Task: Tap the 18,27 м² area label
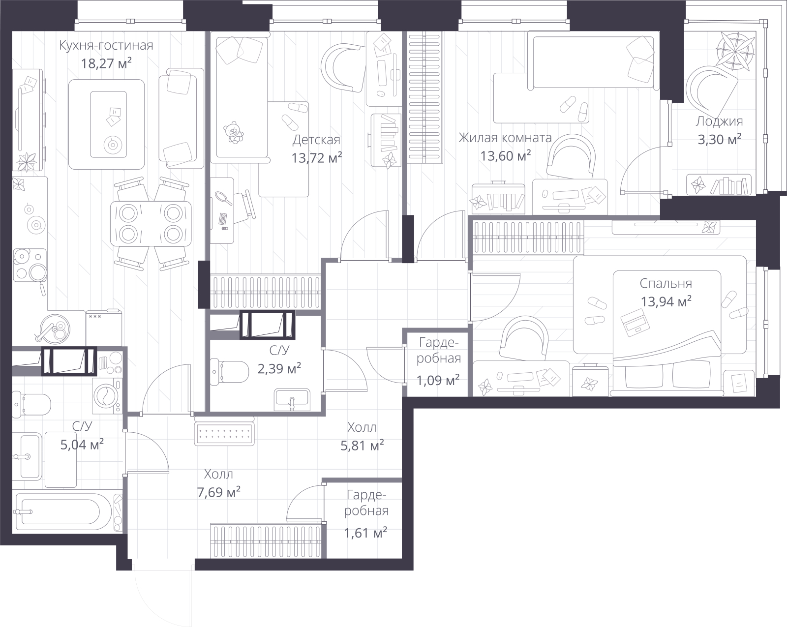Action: point(106,63)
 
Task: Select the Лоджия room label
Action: point(719,121)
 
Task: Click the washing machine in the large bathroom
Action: point(107,395)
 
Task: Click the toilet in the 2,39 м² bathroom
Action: point(229,371)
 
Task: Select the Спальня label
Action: point(666,283)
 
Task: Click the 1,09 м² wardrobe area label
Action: point(438,381)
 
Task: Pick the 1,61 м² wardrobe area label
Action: point(365,533)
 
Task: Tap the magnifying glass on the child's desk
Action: point(224,198)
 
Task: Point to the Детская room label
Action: point(316,140)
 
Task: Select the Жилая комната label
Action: point(505,138)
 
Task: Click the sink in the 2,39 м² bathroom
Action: point(292,400)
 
